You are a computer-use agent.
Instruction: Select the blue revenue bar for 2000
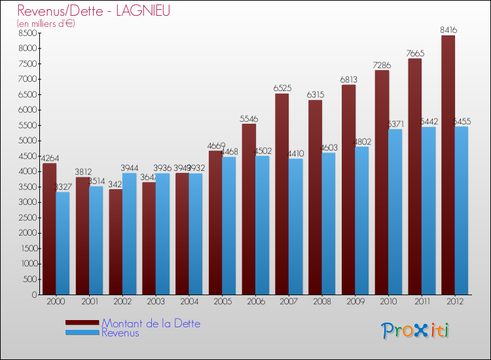(x=63, y=243)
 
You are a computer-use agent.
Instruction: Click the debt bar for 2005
(x=215, y=223)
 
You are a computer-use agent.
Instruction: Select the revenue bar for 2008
(x=329, y=223)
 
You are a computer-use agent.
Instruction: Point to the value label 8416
(x=448, y=29)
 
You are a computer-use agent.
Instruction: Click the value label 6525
(x=282, y=88)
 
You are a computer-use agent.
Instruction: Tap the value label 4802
(x=362, y=141)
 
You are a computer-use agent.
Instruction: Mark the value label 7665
(x=415, y=53)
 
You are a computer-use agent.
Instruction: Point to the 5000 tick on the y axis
(x=28, y=141)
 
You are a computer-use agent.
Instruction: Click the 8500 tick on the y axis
(x=28, y=33)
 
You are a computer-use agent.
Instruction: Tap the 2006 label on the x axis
(x=255, y=302)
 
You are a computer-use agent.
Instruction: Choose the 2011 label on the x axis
(x=422, y=302)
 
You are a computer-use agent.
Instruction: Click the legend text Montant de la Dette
(x=151, y=323)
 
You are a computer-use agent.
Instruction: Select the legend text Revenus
(x=120, y=333)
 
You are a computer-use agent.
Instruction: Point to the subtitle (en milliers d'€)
(x=46, y=24)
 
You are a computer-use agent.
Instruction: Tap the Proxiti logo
(x=416, y=331)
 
